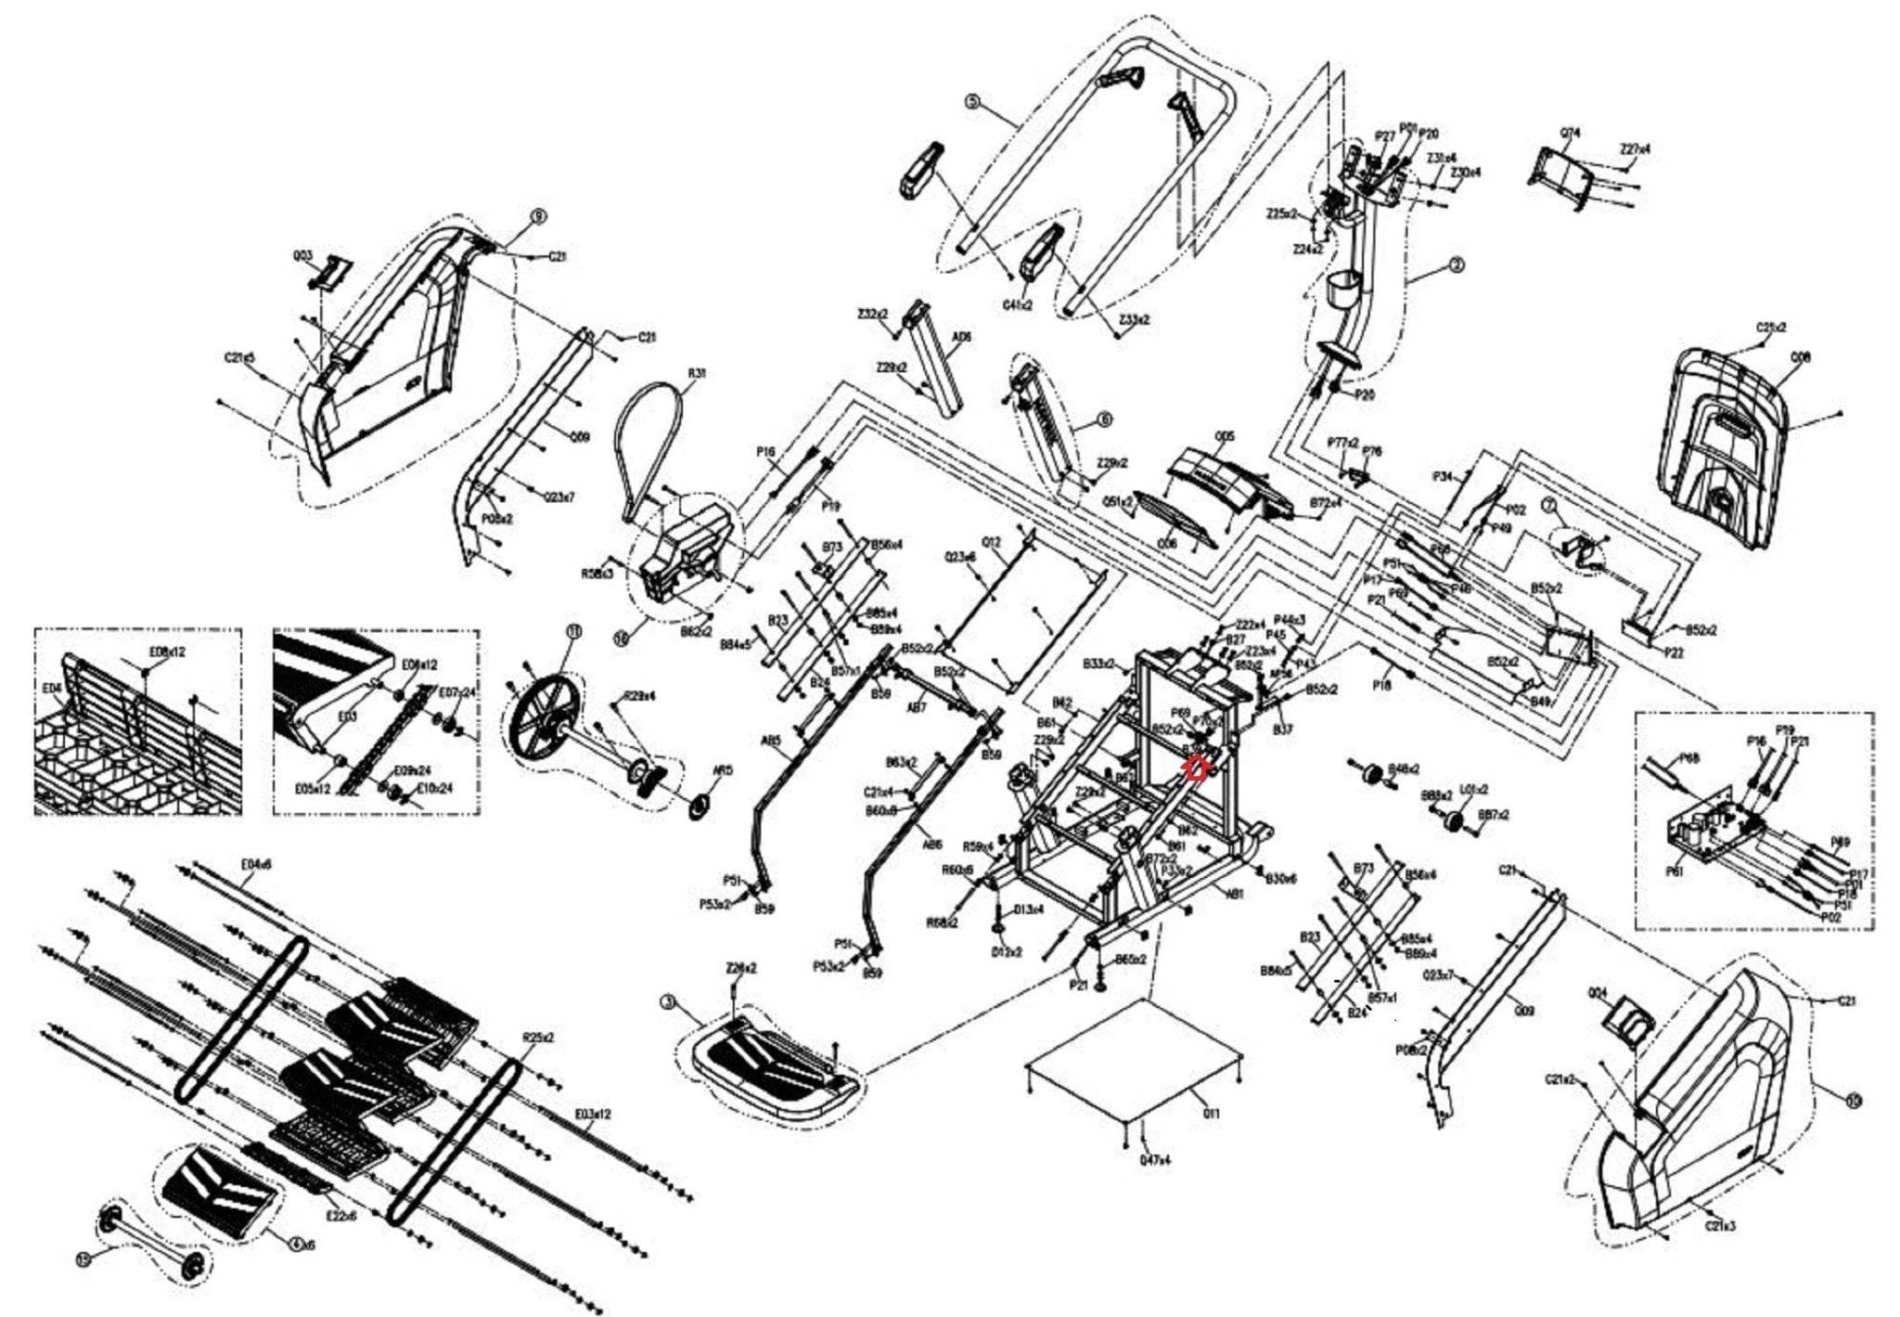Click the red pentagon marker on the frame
point(1197,768)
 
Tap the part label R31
point(696,374)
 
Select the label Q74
point(1570,133)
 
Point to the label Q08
point(1801,357)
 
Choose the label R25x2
point(537,1037)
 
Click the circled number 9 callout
point(538,216)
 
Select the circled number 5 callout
point(972,101)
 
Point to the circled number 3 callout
point(668,1002)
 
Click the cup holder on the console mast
point(1340,290)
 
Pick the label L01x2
point(1475,790)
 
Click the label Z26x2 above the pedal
point(741,968)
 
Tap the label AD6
point(962,339)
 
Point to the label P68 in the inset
point(1689,758)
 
